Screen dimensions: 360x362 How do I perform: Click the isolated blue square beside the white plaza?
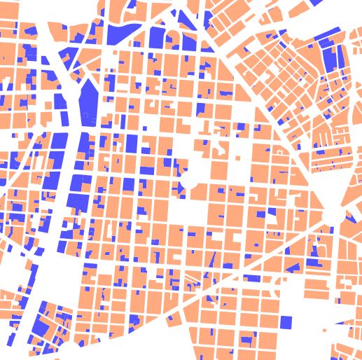pos(286,322)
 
